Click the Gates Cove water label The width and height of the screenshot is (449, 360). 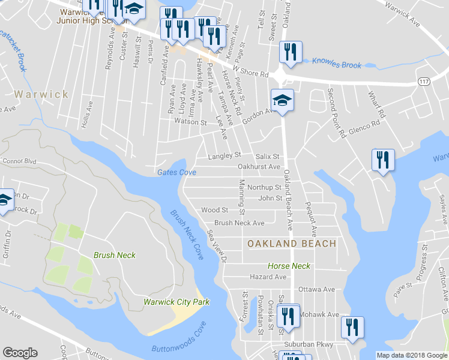(176, 172)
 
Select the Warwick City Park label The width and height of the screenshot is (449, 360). (176, 302)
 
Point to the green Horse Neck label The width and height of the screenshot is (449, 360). (289, 266)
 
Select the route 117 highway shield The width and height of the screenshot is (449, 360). (423, 80)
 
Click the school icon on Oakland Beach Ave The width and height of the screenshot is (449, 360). (282, 100)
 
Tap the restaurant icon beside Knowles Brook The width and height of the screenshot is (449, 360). (289, 51)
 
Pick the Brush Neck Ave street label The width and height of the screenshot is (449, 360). (240, 223)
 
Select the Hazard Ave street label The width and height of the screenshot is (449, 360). (268, 277)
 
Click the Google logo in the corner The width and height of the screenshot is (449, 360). (20, 353)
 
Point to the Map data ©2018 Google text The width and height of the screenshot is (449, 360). (412, 355)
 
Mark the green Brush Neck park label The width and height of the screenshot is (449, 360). (114, 255)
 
